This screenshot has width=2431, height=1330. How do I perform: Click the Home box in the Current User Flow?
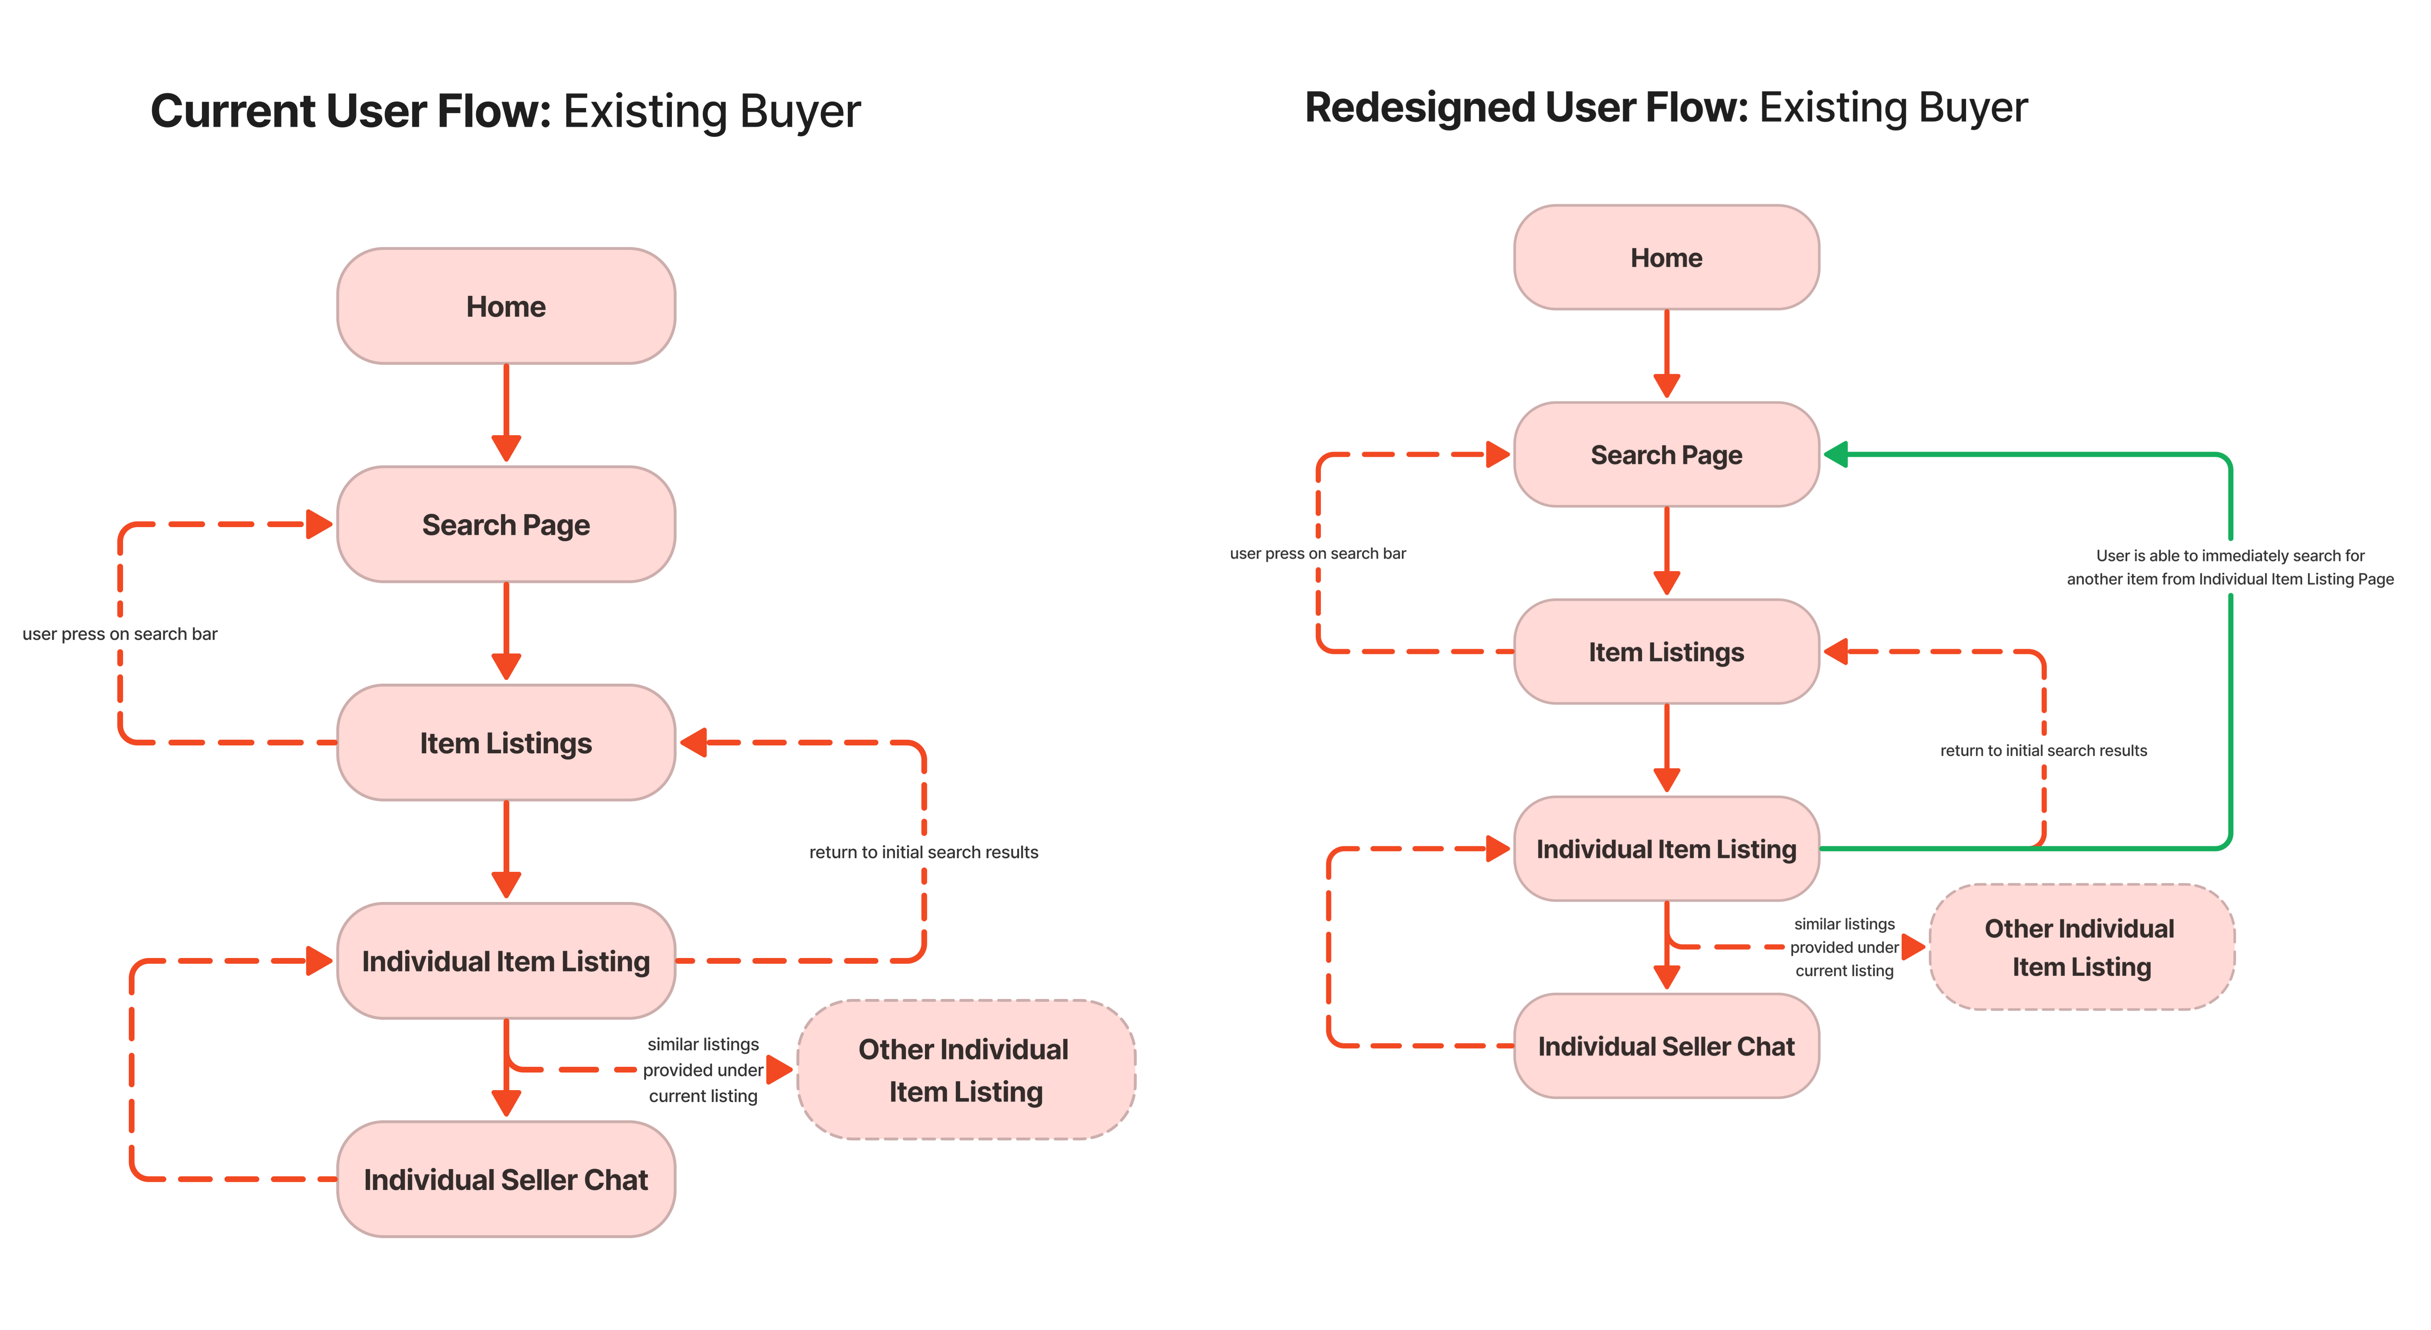pyautogui.click(x=506, y=306)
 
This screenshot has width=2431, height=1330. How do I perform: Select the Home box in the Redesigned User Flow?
pyautogui.click(x=1667, y=258)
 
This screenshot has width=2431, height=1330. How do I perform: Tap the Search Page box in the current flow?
pyautogui.click(x=506, y=524)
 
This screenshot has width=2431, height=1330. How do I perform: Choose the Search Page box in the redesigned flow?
pyautogui.click(x=1667, y=455)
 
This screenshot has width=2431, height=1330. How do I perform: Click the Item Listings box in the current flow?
pyautogui.click(x=506, y=743)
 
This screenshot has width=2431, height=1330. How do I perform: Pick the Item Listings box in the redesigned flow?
pyautogui.click(x=1667, y=651)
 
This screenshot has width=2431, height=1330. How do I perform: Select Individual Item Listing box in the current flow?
pyautogui.click(x=506, y=961)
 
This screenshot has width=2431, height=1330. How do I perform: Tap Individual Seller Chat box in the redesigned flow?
pyautogui.click(x=1667, y=1046)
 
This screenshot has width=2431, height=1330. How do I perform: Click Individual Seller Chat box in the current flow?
pyautogui.click(x=506, y=1179)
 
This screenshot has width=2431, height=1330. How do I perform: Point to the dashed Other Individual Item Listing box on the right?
pyautogui.click(x=2082, y=947)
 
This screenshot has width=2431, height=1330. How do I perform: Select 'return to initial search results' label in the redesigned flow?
pyautogui.click(x=2043, y=750)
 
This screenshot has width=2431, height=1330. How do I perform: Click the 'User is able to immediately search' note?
pyautogui.click(x=2230, y=567)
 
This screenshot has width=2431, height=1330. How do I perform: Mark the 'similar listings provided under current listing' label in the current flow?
pyautogui.click(x=703, y=1070)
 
